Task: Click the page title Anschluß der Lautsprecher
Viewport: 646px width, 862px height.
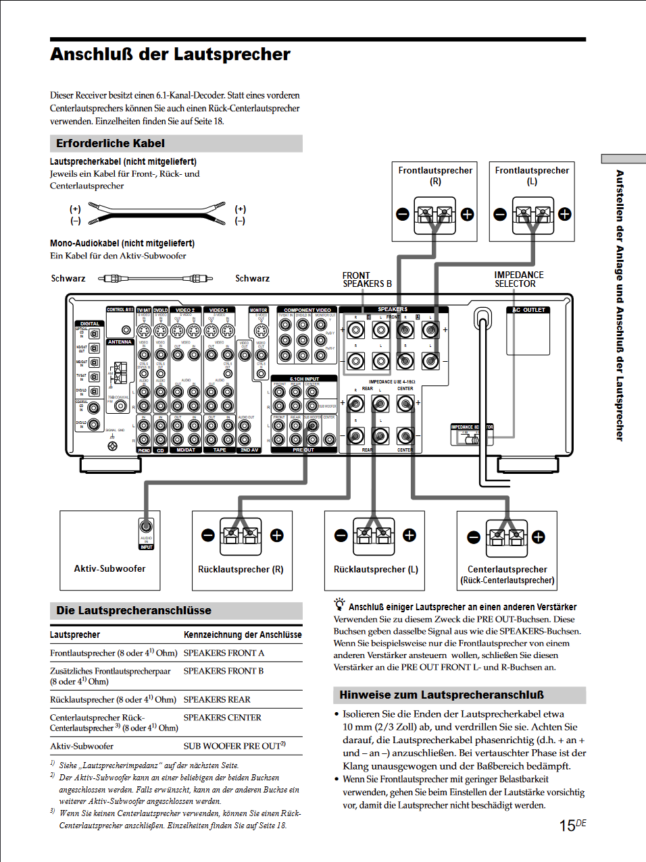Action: click(x=170, y=55)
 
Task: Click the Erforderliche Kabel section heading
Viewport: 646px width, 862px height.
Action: click(x=110, y=143)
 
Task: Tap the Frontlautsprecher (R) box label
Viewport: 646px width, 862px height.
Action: click(x=435, y=176)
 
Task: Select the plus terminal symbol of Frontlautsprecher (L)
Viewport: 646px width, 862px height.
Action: click(x=564, y=215)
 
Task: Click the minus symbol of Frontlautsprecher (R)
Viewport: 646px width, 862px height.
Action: click(x=403, y=215)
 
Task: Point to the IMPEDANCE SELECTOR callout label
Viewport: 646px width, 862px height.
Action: click(x=518, y=279)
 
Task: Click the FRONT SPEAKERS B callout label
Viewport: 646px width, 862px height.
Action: click(x=366, y=279)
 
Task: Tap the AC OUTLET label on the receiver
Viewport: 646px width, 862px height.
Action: click(x=528, y=310)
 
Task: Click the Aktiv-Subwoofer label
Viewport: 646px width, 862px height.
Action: click(x=109, y=568)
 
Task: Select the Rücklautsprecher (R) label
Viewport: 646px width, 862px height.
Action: click(x=241, y=569)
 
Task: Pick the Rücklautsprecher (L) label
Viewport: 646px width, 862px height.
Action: click(x=376, y=569)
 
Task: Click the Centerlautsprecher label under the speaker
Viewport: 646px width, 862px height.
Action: click(x=507, y=569)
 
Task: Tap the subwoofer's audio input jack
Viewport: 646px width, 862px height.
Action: click(x=146, y=527)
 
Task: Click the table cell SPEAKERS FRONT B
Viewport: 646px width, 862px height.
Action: click(x=224, y=671)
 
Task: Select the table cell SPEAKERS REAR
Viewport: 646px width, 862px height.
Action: click(x=217, y=699)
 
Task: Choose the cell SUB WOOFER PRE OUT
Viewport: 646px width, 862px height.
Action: click(x=234, y=746)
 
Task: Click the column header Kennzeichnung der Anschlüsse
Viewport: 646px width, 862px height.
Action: click(x=243, y=635)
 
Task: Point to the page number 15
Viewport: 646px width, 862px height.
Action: click(x=567, y=826)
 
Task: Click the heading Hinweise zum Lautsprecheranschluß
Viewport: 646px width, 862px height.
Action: click(x=441, y=695)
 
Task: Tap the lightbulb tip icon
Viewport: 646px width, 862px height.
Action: click(x=339, y=605)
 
